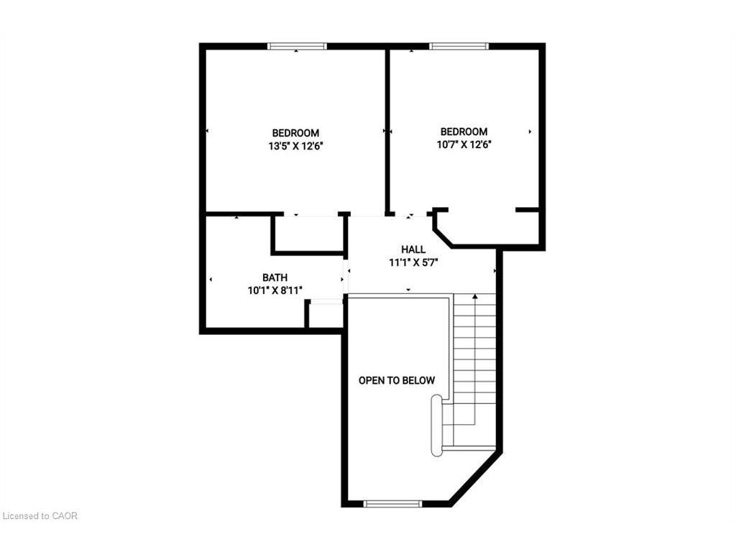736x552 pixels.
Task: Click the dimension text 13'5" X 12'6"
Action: [x=295, y=146]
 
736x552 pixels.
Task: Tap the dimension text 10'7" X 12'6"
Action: [x=464, y=144]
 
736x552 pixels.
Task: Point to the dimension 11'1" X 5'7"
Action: [x=413, y=262]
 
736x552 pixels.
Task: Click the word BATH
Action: [x=275, y=277]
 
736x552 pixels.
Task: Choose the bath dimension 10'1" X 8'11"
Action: [x=275, y=290]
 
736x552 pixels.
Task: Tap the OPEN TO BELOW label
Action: [x=397, y=380]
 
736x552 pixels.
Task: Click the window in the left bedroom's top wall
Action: [x=297, y=47]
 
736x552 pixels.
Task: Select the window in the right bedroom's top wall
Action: [x=459, y=47]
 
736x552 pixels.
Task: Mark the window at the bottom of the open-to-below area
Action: [x=392, y=503]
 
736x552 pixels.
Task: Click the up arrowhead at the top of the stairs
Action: [x=474, y=296]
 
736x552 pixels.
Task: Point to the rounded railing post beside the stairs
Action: [x=436, y=425]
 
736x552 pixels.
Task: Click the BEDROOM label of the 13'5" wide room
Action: [x=295, y=133]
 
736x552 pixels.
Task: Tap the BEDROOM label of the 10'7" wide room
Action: [x=464, y=132]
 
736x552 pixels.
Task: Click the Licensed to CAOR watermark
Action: [x=40, y=516]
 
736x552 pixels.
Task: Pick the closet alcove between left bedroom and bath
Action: [x=308, y=232]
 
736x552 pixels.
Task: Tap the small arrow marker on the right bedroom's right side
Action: [x=530, y=132]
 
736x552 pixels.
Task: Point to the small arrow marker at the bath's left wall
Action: [x=210, y=279]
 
